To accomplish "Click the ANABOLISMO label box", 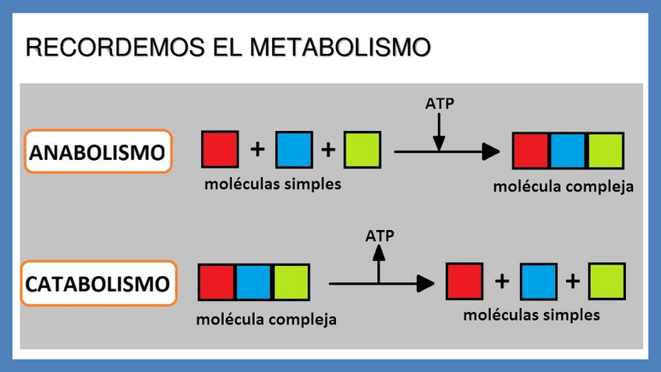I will [x=97, y=151].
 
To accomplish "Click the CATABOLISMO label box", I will [x=97, y=282].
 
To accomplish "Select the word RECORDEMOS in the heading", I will [x=115, y=48].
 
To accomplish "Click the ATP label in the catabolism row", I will [x=380, y=234].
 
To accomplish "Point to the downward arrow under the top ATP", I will [x=440, y=131].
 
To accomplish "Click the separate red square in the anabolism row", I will [x=220, y=150].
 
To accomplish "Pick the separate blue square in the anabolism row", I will [x=294, y=150].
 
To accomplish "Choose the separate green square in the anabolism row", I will [x=362, y=150].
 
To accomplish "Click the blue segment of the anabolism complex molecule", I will [x=567, y=151].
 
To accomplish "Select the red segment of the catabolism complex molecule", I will [x=217, y=282].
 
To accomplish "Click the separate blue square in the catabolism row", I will [x=538, y=282].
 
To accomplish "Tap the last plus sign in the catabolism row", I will [x=572, y=282].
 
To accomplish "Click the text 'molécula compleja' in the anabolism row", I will [x=563, y=187].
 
